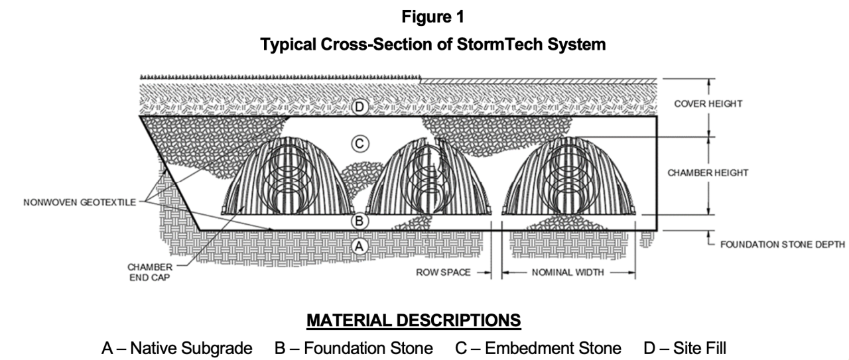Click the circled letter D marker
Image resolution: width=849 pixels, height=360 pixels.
tap(359, 105)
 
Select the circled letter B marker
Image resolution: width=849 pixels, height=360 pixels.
tap(359, 220)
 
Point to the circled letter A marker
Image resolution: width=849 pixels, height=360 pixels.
tap(359, 246)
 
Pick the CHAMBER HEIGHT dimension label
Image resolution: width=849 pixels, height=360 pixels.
tap(708, 173)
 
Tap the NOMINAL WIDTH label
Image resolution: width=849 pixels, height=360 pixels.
tap(568, 272)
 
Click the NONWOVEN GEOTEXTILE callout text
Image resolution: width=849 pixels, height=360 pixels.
tap(78, 203)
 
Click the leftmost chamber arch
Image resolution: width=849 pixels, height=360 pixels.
tap(287, 178)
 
